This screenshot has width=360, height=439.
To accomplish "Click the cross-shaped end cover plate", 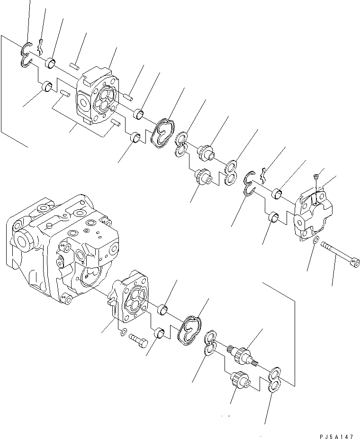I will coord(313,216).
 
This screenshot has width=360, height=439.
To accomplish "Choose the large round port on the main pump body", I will coord(24,239).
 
